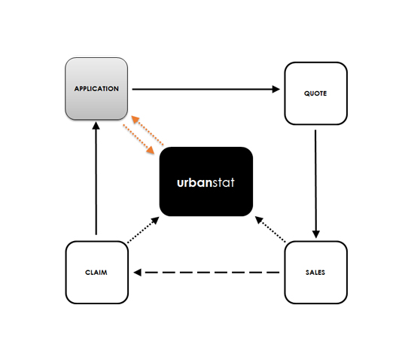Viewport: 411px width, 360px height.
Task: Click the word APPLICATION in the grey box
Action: point(96,89)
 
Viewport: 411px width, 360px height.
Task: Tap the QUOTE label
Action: point(315,93)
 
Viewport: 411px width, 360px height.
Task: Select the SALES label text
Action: point(315,273)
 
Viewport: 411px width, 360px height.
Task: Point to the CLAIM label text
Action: point(96,273)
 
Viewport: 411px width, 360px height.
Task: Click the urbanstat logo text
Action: point(205,182)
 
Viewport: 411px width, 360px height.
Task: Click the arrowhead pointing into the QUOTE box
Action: point(276,89)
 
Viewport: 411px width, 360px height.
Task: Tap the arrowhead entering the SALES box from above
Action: point(316,234)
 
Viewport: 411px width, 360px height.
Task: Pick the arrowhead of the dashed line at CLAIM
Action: point(138,273)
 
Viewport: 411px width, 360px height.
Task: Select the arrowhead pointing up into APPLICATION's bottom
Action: point(96,126)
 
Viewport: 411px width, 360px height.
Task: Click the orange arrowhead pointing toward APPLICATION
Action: point(135,119)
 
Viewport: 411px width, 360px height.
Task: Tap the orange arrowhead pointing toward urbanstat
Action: point(151,150)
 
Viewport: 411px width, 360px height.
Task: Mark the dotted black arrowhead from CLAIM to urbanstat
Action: point(155,220)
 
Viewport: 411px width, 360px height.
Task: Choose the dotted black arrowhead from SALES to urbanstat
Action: point(259,220)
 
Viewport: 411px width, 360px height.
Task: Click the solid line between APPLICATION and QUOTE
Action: point(202,89)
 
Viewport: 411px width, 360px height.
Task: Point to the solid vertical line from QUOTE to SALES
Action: point(315,180)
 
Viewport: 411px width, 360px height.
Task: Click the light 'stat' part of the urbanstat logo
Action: point(224,182)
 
